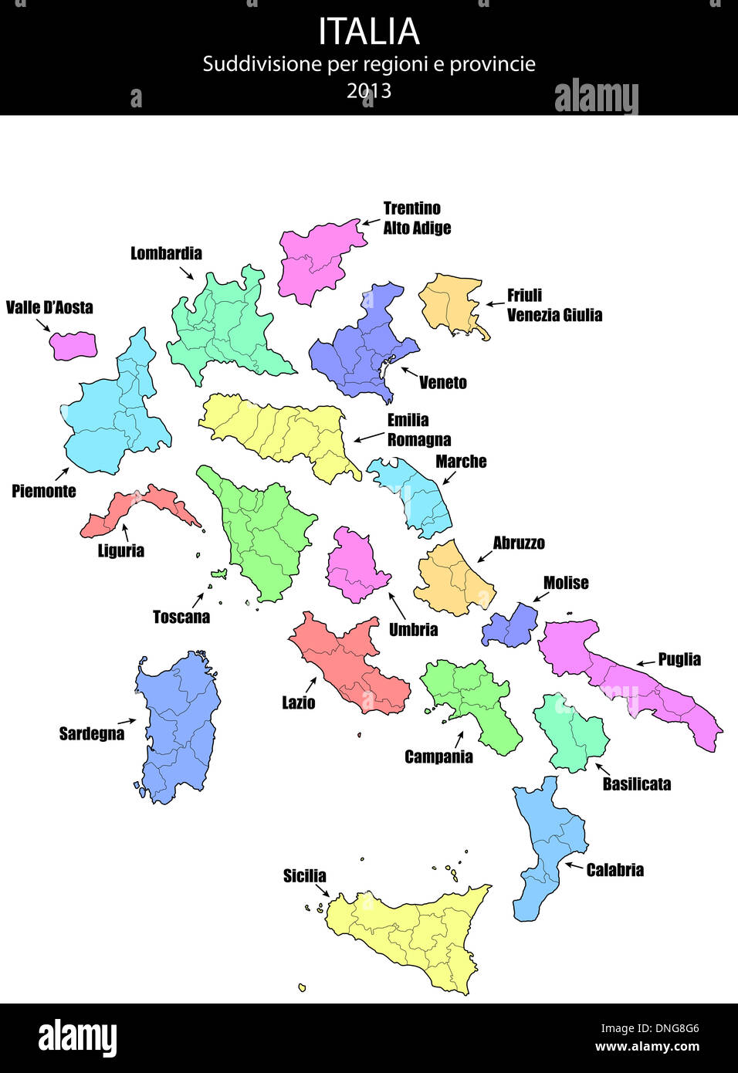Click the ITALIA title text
(369, 32)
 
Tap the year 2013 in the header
(369, 91)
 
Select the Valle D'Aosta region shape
(74, 345)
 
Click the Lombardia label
(166, 253)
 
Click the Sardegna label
(92, 733)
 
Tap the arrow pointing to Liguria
(125, 531)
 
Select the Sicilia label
(304, 875)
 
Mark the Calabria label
(614, 870)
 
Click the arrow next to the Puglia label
(645, 663)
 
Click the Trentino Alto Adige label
(417, 218)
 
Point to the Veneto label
(442, 382)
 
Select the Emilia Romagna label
(418, 430)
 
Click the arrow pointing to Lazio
(311, 684)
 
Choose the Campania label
(438, 757)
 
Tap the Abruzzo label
(519, 543)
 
